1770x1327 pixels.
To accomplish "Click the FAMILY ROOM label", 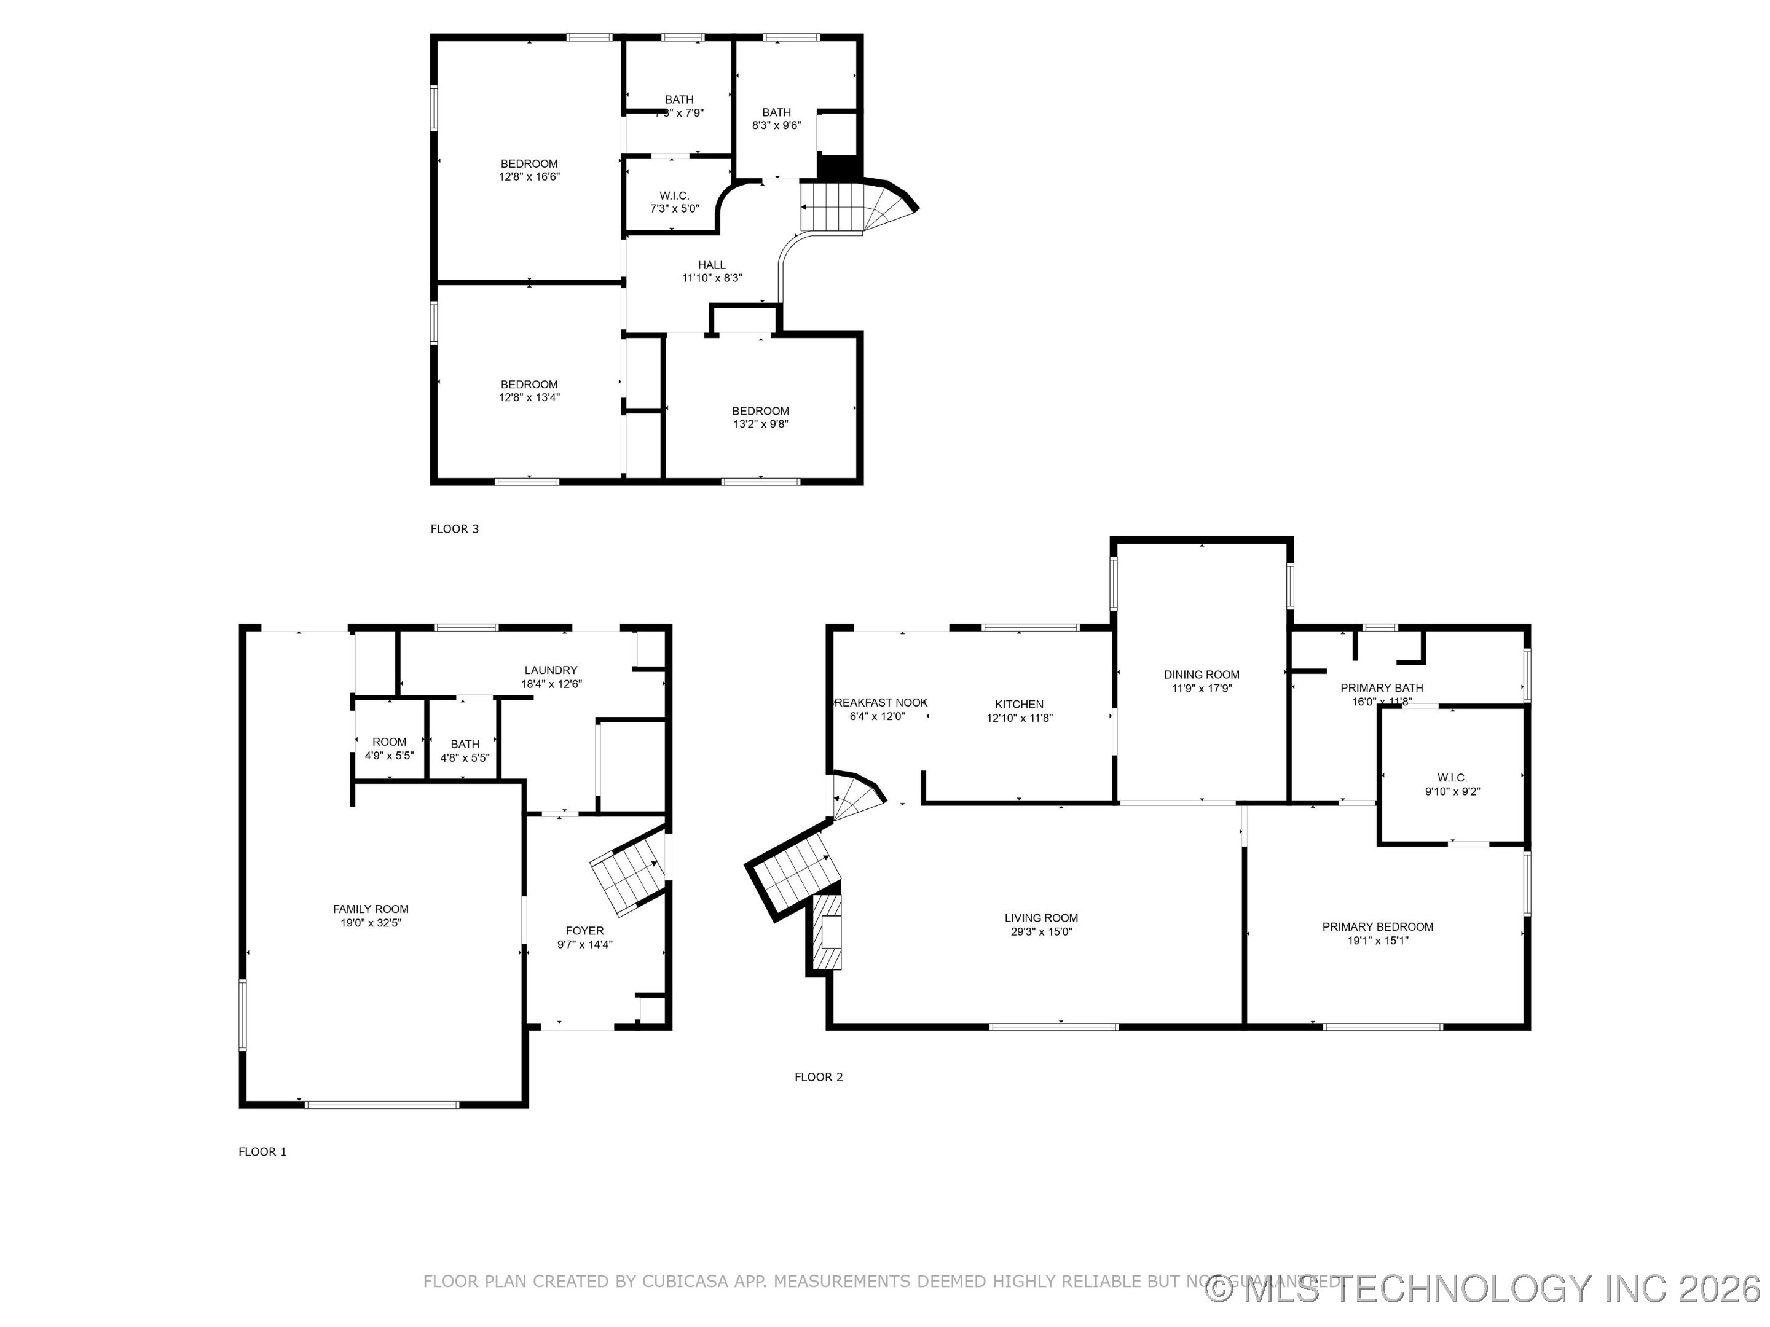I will point(371,909).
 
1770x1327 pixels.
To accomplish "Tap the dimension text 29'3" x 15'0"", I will point(1041,932).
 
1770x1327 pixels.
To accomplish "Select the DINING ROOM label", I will point(1201,675).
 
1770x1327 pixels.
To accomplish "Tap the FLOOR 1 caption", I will point(262,1152).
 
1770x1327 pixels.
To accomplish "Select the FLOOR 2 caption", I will point(819,1076).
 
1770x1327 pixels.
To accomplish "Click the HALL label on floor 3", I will point(711,265).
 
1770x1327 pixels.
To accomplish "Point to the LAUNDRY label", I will point(551,670).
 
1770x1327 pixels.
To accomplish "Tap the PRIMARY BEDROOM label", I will point(1377,926).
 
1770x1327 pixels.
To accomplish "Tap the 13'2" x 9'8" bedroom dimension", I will point(760,424).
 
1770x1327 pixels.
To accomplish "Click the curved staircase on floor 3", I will point(856,206).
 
